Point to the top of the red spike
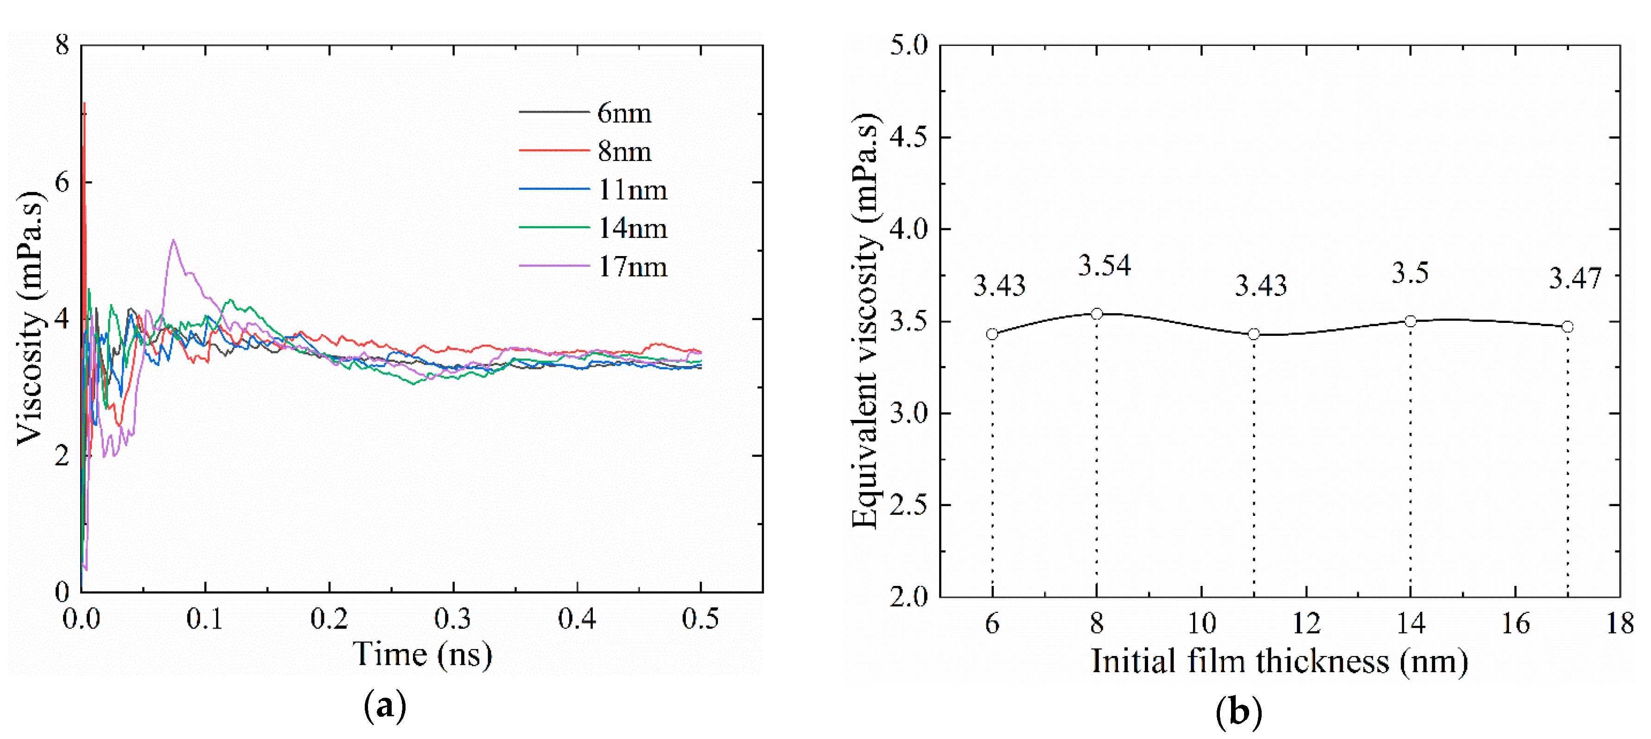pyautogui.click(x=85, y=103)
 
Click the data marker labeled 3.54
pyautogui.click(x=1097, y=314)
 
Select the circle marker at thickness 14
pyautogui.click(x=1410, y=321)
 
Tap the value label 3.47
pyautogui.click(x=1575, y=278)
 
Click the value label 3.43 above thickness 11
pyautogui.click(x=1261, y=285)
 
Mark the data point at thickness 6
pyautogui.click(x=992, y=334)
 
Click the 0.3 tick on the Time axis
pyautogui.click(x=452, y=619)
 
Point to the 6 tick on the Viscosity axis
pyautogui.click(x=62, y=183)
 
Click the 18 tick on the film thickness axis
pyautogui.click(x=1619, y=623)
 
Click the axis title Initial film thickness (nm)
pyautogui.click(x=1279, y=662)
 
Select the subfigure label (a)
pyautogui.click(x=385, y=706)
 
